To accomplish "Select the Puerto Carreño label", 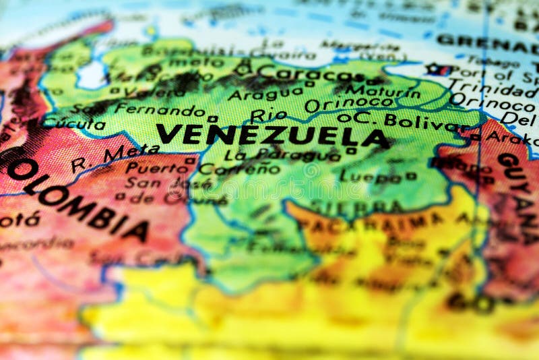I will (x=202, y=168).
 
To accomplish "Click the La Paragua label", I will (x=282, y=155).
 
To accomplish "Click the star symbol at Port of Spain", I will (x=432, y=69).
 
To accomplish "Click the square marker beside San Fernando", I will (x=212, y=119).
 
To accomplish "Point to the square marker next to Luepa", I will (x=410, y=176).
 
